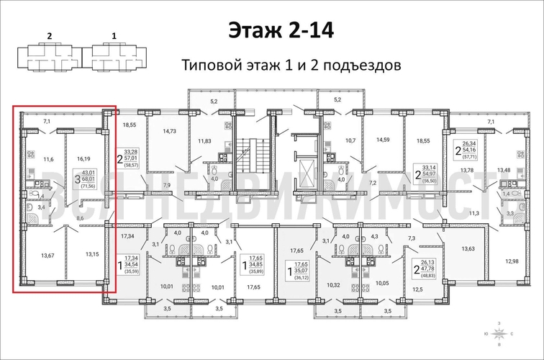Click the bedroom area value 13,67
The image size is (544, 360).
click(x=48, y=253)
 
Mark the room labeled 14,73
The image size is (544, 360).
click(x=170, y=131)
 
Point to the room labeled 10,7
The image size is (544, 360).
click(x=350, y=140)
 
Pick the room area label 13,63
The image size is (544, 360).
click(x=466, y=248)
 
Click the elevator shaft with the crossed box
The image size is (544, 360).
click(x=306, y=171)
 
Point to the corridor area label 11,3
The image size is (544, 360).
click(x=473, y=214)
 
